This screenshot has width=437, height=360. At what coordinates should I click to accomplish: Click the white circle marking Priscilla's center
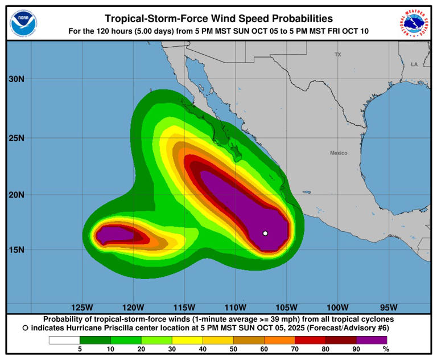tap(265, 233)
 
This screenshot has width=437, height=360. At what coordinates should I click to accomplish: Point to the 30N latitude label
tap(17, 80)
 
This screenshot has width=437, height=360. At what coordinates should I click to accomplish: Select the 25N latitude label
tap(17, 138)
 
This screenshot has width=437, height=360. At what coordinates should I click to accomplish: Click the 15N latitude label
tap(17, 250)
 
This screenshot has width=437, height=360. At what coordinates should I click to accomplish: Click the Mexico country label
tap(339, 153)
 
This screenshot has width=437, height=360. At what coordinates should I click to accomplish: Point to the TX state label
tap(337, 55)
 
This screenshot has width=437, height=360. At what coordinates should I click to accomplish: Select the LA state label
tap(414, 64)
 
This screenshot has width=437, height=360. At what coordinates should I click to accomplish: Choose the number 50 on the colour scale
tap(233, 349)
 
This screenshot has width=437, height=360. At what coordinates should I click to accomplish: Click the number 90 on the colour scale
tap(356, 349)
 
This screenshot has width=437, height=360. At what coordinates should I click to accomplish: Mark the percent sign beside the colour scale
tap(386, 349)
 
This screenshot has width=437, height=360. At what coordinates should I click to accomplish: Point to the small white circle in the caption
tap(26, 328)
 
